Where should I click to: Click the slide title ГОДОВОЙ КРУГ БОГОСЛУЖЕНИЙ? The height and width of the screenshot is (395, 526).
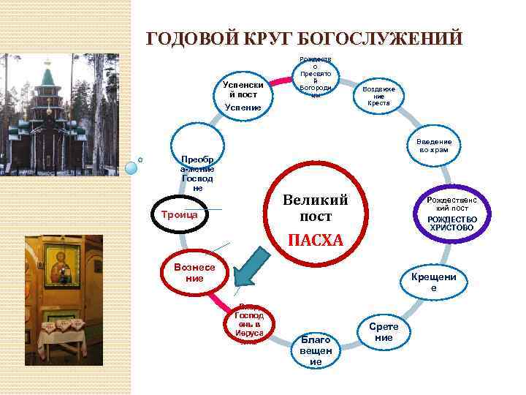pos(305,38)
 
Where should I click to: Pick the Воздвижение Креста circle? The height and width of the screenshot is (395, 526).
pos(378,96)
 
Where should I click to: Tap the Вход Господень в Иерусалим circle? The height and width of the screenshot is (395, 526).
pos(248,323)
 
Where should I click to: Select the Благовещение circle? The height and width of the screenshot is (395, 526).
pos(316,349)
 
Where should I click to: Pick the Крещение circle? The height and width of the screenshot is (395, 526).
pos(433,282)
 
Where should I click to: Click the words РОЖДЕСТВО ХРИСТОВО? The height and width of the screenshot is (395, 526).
pos(451,223)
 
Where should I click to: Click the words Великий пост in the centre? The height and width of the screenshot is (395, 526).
pos(316,208)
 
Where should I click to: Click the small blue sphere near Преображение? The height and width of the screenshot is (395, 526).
pos(131,168)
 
